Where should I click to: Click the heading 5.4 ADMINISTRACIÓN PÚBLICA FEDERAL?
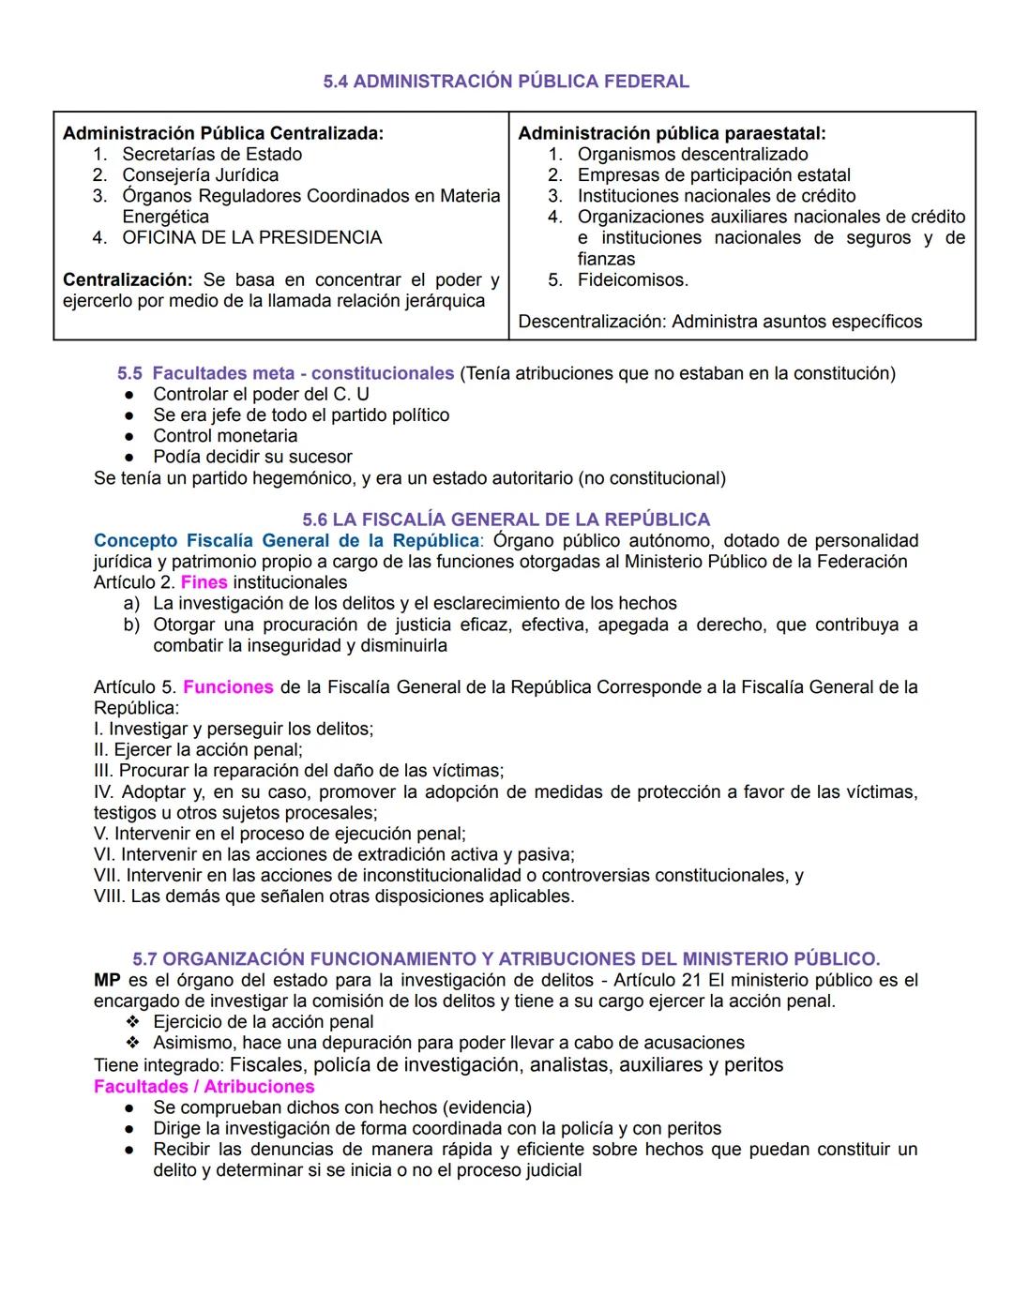tap(506, 82)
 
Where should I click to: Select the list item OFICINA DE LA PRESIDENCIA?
tap(251, 237)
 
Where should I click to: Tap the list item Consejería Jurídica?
tap(200, 174)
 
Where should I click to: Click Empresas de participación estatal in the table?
tap(714, 174)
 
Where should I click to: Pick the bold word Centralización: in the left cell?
tap(127, 279)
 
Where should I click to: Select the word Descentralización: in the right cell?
tap(592, 322)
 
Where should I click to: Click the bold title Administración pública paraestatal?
tap(672, 133)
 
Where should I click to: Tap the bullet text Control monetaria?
tap(225, 435)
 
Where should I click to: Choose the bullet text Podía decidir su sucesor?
tap(252, 457)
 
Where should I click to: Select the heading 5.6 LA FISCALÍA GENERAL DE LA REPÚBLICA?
tap(506, 519)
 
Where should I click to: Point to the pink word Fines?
tap(204, 582)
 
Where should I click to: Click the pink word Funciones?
tap(228, 687)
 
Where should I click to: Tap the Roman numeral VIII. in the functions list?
tap(110, 896)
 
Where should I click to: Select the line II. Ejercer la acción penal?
tap(198, 750)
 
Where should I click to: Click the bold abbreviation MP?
tap(107, 980)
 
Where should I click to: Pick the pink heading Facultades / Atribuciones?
tap(204, 1087)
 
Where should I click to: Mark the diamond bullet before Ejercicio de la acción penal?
tap(132, 1022)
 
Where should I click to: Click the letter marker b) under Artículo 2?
tap(132, 625)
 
